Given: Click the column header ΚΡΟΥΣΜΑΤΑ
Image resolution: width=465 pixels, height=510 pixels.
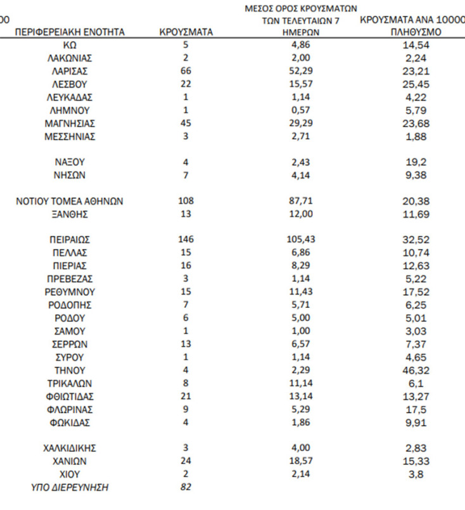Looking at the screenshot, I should point(186,32).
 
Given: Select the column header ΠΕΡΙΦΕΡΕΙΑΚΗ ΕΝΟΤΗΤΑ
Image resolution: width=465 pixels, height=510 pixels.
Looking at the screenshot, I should point(70,32).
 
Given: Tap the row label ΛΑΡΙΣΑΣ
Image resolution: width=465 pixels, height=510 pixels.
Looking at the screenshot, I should point(70,71).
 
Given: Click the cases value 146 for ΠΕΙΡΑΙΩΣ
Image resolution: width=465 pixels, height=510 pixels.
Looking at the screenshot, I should point(186,239).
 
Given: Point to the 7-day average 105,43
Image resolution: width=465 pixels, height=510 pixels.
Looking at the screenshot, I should point(301,239).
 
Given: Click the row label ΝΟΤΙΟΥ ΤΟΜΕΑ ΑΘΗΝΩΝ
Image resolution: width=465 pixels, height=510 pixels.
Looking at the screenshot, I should point(70,201).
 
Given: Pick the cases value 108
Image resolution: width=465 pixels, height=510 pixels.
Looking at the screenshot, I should point(186,201).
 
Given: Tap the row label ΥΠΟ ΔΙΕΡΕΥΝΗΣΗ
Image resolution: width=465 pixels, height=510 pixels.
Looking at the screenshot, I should point(70,487).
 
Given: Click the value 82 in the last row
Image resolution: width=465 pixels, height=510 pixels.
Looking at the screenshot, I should point(186,487).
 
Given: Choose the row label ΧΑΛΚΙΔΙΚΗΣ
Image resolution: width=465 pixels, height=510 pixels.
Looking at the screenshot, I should point(70,449).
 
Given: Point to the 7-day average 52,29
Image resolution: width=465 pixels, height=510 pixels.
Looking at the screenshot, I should point(301,71).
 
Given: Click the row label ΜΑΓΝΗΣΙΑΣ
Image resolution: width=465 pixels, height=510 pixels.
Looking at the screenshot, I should point(70,123).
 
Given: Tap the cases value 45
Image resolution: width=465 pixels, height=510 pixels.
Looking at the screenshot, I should point(186,123).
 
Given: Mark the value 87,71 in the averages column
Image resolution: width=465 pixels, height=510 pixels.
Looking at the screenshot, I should point(301,201).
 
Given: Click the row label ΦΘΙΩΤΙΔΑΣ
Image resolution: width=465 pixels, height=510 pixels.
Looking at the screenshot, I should point(70,396).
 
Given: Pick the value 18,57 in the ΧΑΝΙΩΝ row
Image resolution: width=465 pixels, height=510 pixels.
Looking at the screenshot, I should point(301,461).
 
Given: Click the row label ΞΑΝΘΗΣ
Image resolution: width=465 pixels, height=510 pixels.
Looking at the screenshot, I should point(70,214).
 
